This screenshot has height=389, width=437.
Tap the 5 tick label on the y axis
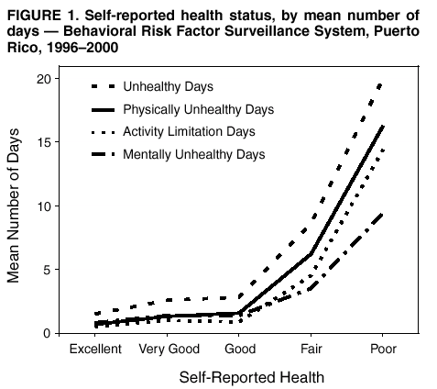point(57,269)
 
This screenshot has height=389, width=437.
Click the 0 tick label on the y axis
point(57,332)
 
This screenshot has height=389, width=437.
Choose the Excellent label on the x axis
point(95,350)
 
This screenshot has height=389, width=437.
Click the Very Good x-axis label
point(169,350)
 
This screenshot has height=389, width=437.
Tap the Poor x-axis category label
point(383,350)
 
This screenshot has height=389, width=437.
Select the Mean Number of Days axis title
point(16,206)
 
